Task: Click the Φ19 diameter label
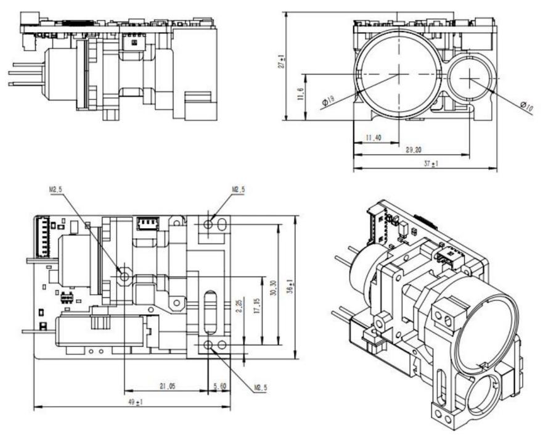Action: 328,100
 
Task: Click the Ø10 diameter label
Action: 526,106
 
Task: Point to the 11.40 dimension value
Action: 373,138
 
